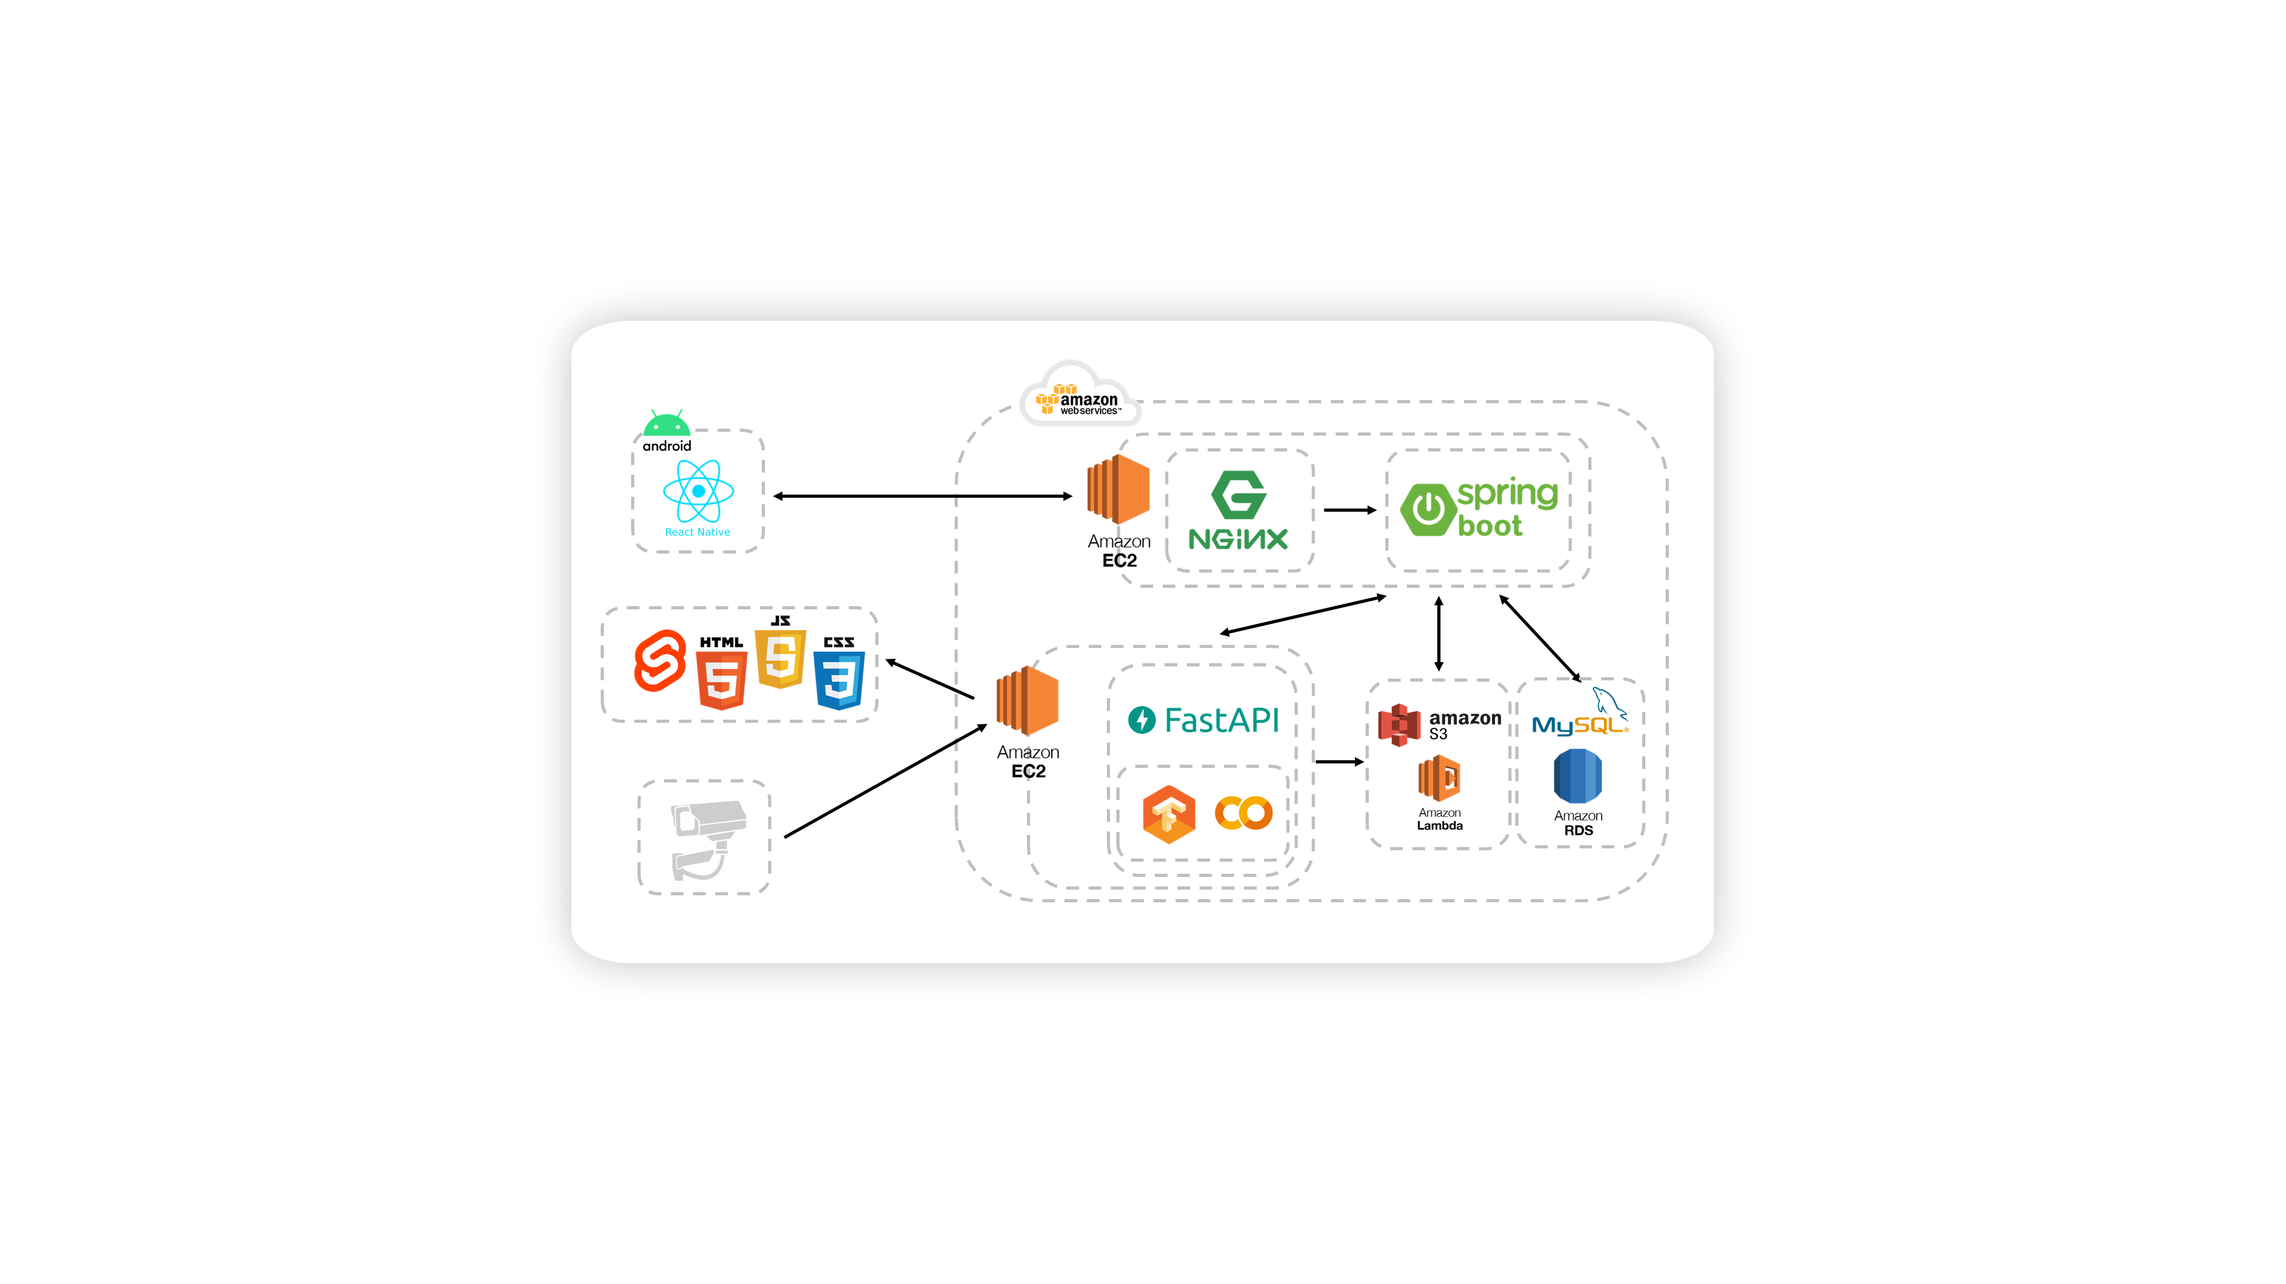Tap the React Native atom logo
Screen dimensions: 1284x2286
[698, 491]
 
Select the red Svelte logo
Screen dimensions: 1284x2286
[660, 661]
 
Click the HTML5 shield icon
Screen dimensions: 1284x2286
[721, 679]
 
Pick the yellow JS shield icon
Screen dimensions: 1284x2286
[780, 658]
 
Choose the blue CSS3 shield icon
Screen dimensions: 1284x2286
[839, 680]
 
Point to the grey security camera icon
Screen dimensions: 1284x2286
[705, 838]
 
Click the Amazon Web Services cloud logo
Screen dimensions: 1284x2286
[1076, 397]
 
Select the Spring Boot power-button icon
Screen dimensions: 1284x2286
[1428, 509]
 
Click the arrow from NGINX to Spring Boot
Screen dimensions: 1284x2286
[1349, 510]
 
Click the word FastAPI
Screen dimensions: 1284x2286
[1221, 720]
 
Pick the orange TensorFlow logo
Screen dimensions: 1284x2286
[1169, 814]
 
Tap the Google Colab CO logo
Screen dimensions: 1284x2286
[1243, 813]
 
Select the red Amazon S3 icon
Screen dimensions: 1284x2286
[1399, 725]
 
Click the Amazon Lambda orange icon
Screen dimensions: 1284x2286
[1439, 778]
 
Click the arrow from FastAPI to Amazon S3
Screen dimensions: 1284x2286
[1338, 762]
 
